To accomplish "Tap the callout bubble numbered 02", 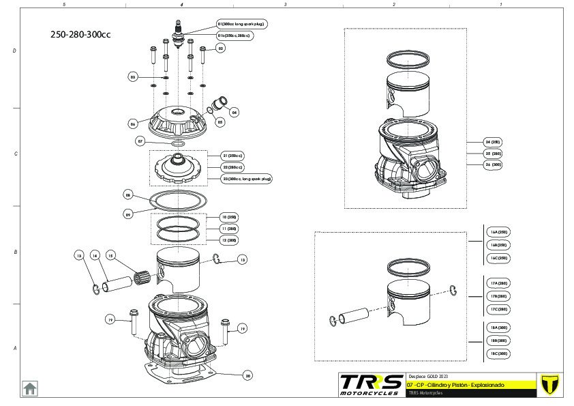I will [x=220, y=48].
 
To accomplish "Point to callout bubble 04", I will [x=234, y=111].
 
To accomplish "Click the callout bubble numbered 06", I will [x=133, y=124].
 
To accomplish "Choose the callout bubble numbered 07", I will [x=140, y=141].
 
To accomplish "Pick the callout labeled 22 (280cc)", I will [x=232, y=167].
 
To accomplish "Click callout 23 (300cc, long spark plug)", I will [x=247, y=179].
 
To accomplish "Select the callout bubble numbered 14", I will [x=95, y=255].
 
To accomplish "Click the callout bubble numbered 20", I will [x=248, y=375].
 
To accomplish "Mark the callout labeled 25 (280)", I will [x=492, y=154].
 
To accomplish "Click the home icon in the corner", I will [x=30, y=388].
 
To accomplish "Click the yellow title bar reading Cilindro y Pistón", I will [x=464, y=385].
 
